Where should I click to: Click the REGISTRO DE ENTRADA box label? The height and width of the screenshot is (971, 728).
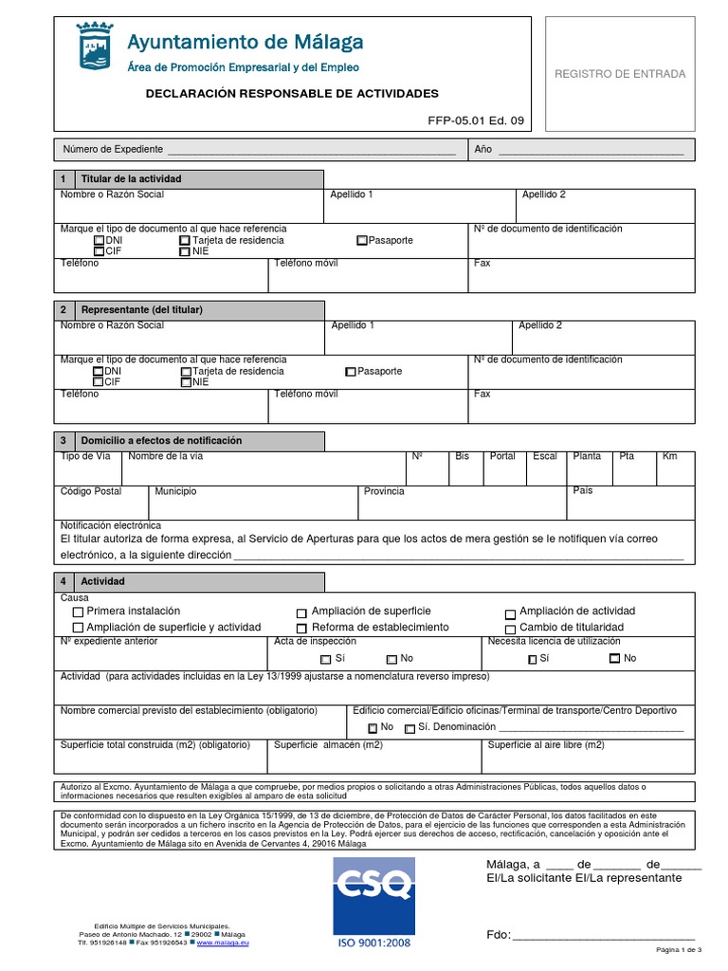tap(632, 74)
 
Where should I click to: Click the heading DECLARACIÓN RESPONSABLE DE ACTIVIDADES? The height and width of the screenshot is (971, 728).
tap(292, 94)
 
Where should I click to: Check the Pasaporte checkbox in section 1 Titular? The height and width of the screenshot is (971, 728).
tap(362, 241)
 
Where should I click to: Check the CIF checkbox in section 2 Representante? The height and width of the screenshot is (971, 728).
tap(99, 382)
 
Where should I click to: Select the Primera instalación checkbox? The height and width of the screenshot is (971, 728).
tap(78, 613)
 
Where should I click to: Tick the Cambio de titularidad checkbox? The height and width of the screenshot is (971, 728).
tap(510, 629)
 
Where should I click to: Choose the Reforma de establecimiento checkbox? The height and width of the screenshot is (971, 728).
tap(301, 629)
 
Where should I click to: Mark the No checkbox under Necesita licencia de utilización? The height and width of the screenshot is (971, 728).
tap(614, 659)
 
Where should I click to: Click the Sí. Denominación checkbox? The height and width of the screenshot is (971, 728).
tap(409, 728)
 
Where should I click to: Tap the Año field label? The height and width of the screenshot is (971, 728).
tap(482, 150)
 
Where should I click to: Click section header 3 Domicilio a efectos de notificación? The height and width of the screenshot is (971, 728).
tap(161, 441)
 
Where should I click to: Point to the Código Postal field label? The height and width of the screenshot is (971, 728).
tap(91, 491)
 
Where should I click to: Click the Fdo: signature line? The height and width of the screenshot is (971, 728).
tap(603, 935)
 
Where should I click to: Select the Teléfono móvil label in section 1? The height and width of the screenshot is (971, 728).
tap(305, 263)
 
